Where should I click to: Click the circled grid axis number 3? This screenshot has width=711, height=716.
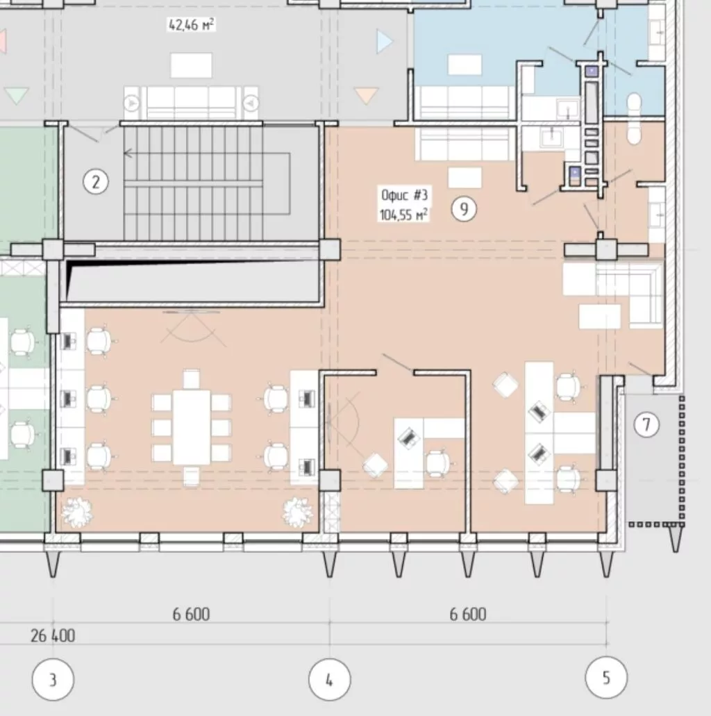coord(53,679)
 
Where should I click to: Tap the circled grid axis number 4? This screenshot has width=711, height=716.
coord(330,679)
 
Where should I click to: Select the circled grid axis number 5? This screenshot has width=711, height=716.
coord(606,678)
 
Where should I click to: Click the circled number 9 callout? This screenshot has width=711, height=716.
coord(464,209)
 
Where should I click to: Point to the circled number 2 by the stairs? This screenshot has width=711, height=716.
coord(96,182)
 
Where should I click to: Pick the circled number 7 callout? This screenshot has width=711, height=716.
coord(646,424)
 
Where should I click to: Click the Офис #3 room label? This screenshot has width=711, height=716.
coord(404,195)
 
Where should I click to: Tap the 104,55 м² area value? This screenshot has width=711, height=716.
coord(403,214)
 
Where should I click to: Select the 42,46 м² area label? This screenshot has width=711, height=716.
coord(192,24)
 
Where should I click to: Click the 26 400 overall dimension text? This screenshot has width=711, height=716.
coord(53,635)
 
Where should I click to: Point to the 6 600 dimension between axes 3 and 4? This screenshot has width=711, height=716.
coord(192,615)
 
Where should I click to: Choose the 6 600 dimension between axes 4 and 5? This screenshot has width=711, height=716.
coord(468,615)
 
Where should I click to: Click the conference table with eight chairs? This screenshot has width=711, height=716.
coord(192,427)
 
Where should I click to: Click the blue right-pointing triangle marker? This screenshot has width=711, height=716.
coord(385,42)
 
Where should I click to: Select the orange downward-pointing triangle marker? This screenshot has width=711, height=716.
coord(366,95)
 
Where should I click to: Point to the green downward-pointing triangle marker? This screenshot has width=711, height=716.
coord(17,95)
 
